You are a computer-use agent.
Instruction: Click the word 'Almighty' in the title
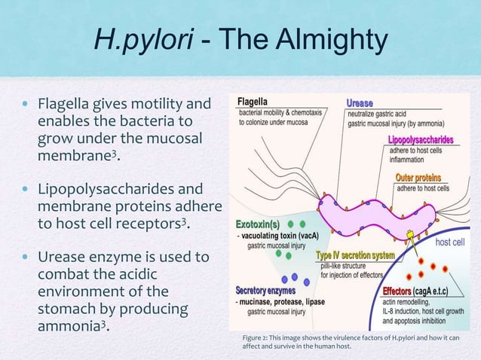[x=334, y=44]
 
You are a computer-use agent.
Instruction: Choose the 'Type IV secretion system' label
[x=355, y=255]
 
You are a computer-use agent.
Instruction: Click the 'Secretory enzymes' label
[x=265, y=290]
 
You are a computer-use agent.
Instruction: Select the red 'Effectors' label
[x=397, y=291]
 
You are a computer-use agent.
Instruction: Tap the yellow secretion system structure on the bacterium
[x=412, y=236]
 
